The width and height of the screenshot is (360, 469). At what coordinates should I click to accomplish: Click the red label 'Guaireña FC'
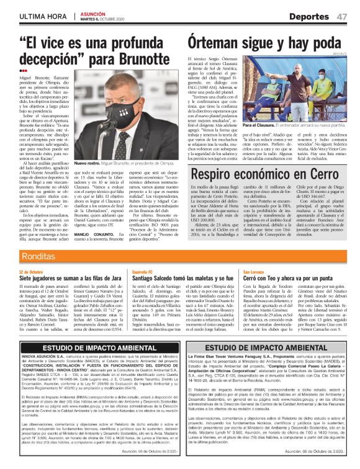(x=142, y=272)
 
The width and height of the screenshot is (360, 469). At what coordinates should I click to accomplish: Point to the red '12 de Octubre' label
(x=31, y=272)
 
